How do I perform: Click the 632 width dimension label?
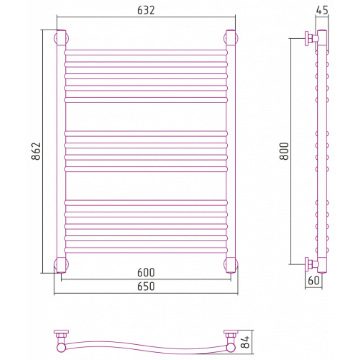click(146, 10)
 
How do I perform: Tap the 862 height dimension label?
click(36, 151)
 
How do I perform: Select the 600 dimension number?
click(146, 273)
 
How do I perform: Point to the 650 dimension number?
click(146, 287)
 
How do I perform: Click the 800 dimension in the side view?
click(284, 151)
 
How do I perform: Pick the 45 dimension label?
click(322, 10)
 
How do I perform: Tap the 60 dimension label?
click(314, 280)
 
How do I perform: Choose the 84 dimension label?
click(245, 342)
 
